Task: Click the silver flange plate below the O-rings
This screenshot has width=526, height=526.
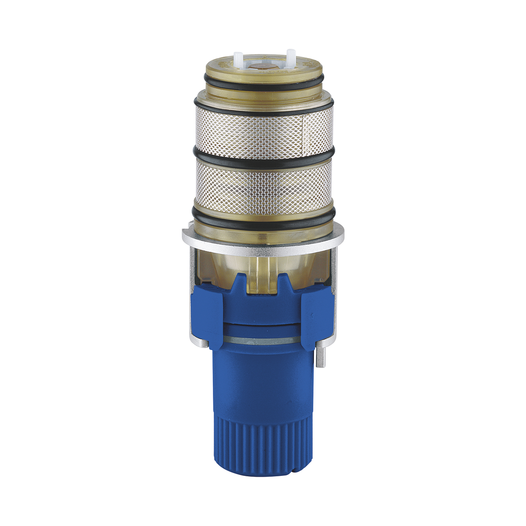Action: point(197,235)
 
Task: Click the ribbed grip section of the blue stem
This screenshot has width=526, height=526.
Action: point(263,444)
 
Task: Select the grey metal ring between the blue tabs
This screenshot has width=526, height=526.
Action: point(263,339)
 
